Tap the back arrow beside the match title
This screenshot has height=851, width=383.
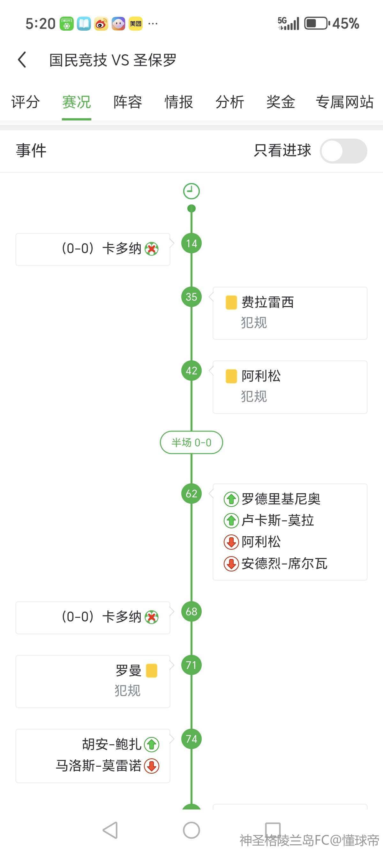click(x=22, y=60)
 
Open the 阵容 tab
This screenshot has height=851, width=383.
click(x=128, y=102)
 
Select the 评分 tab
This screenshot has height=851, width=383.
click(x=26, y=102)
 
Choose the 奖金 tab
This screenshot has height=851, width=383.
click(x=281, y=102)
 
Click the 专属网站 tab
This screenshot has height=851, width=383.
click(x=344, y=102)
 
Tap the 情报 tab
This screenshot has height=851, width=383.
click(x=179, y=102)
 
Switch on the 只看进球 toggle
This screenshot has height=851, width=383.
click(x=343, y=151)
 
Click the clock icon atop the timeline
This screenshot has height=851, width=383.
click(x=191, y=191)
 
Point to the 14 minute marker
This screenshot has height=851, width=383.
click(x=191, y=243)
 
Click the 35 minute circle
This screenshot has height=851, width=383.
click(x=191, y=297)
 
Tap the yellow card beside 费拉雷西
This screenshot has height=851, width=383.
click(x=231, y=302)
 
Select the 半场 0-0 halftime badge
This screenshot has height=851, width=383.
click(x=191, y=442)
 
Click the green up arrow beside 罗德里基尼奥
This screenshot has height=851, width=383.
click(x=231, y=499)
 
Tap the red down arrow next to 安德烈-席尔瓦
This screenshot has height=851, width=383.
click(x=231, y=563)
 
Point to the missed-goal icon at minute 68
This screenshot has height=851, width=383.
click(x=152, y=617)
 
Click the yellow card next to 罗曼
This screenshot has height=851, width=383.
click(x=152, y=671)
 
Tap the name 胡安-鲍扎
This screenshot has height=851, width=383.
click(x=112, y=744)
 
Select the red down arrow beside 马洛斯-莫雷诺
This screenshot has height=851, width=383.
click(x=152, y=766)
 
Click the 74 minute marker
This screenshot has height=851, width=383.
click(x=191, y=739)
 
